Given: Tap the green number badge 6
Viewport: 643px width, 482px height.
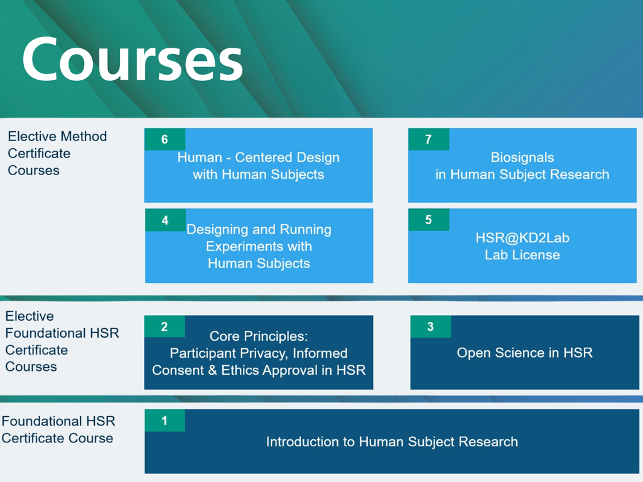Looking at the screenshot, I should point(165,139).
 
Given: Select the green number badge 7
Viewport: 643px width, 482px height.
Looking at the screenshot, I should point(428,139).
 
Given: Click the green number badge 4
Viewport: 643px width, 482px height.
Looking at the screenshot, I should point(165,220).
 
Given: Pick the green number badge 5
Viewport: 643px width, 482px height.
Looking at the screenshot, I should point(428,220).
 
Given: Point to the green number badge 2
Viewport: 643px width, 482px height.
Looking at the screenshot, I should point(165,326).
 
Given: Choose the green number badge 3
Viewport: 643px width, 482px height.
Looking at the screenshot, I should point(430,326).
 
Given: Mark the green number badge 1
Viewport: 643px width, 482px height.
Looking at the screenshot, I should point(165,420).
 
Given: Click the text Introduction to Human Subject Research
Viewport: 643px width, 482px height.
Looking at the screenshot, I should point(392,442).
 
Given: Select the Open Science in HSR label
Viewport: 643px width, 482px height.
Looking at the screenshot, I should point(524,353).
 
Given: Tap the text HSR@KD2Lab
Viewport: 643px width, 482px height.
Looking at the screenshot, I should point(522,238).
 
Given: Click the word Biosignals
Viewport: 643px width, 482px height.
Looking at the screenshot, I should point(522,158).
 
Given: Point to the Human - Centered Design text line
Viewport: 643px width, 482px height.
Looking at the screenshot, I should point(259,158).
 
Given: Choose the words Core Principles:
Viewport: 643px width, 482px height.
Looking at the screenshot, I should point(259,336).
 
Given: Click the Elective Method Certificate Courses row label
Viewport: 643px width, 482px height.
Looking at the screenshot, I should point(57,153).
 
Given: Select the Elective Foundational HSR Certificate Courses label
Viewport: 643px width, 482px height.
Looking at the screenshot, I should point(62,341).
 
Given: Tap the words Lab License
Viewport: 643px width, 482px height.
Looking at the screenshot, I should point(522,255).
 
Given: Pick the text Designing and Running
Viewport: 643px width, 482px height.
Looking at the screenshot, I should point(259,230).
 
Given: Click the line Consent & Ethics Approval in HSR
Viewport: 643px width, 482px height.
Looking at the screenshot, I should point(259,370).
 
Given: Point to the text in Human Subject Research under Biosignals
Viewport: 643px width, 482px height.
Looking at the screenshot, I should point(522,174).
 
